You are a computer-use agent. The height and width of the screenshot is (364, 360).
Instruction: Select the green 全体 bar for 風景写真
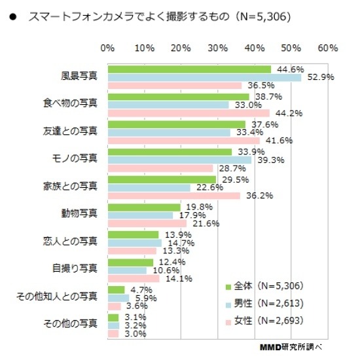(x=189, y=69)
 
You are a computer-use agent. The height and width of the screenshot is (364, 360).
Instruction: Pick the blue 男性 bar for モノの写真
(x=179, y=160)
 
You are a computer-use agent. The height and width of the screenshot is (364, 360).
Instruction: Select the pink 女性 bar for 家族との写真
(x=174, y=196)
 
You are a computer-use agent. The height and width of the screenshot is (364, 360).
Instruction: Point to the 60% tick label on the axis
(x=327, y=48)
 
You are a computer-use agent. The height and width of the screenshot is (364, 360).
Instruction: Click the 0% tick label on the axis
(x=108, y=48)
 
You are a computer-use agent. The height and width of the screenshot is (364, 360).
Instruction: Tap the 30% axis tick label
(x=217, y=48)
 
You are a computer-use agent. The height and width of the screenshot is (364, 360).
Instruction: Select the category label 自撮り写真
(x=75, y=268)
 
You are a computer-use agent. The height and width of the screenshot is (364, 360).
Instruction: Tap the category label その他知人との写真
(x=58, y=297)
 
